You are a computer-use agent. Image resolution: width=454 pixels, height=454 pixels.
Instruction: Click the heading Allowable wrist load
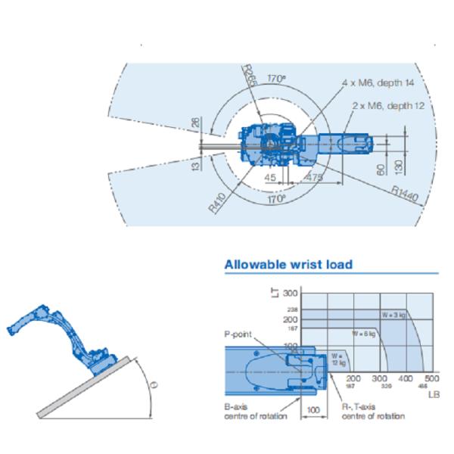(x=288, y=264)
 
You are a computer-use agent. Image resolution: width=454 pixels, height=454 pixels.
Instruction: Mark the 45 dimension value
(x=271, y=177)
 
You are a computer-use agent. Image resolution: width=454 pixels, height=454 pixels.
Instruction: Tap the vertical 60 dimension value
(x=381, y=166)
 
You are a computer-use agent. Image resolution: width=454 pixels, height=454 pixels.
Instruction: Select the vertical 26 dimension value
(x=194, y=124)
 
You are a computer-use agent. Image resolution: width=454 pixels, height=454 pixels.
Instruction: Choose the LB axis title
(x=433, y=393)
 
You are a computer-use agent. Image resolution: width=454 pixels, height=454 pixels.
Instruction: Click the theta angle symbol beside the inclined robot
(x=154, y=384)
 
